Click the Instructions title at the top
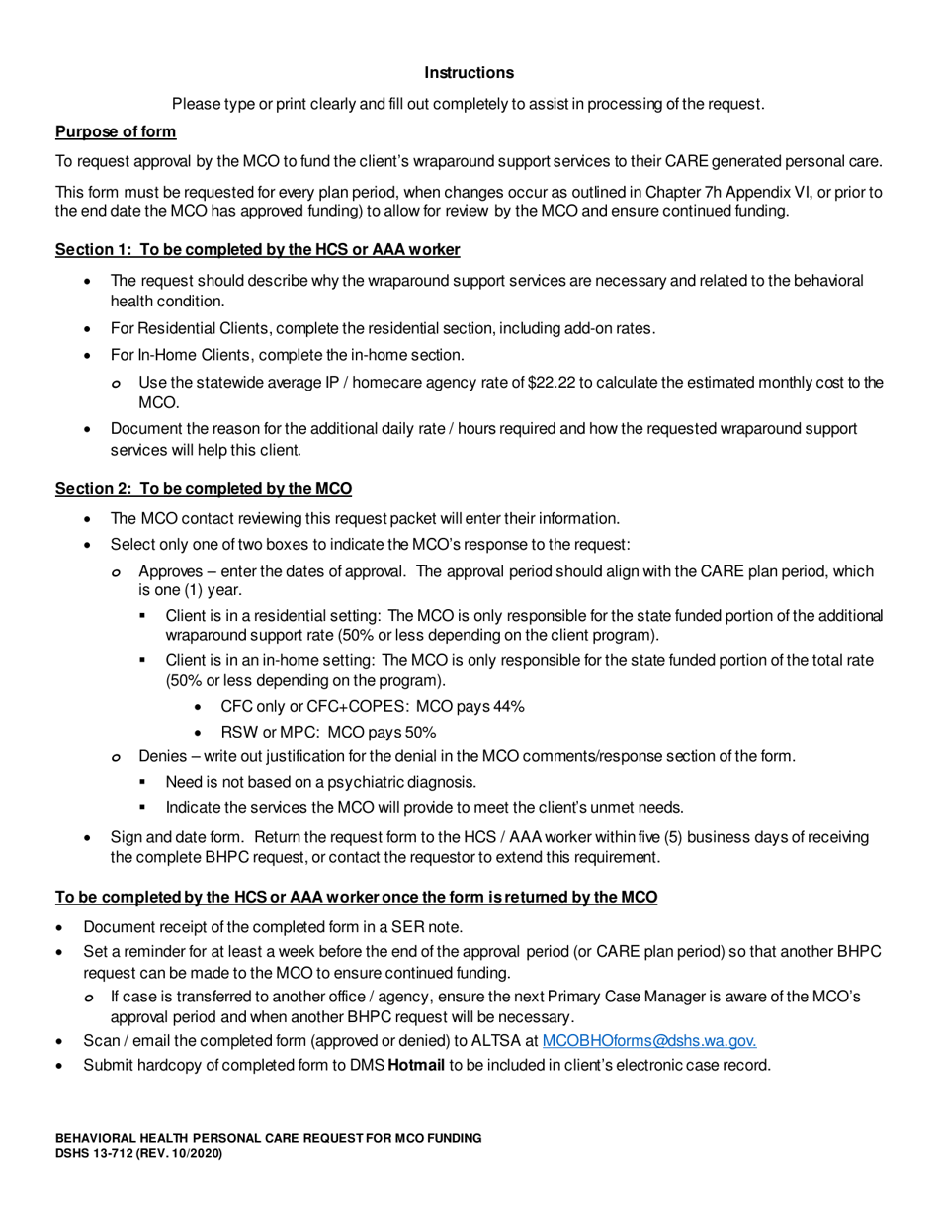(x=469, y=73)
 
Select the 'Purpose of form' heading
(x=116, y=132)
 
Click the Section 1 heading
(x=257, y=250)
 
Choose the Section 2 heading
(x=203, y=489)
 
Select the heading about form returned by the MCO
(x=356, y=898)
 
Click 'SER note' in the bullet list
(x=426, y=927)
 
